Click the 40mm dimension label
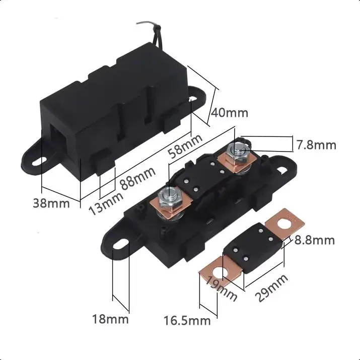tap(230, 113)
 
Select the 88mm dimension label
tap(138, 178)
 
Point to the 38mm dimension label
tap(51, 203)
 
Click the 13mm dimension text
tap(106, 203)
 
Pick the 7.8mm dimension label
tap(316, 145)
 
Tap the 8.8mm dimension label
tap(315, 240)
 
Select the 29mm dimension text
tap(271, 287)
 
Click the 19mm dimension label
tap(222, 289)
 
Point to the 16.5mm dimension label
tap(187, 321)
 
